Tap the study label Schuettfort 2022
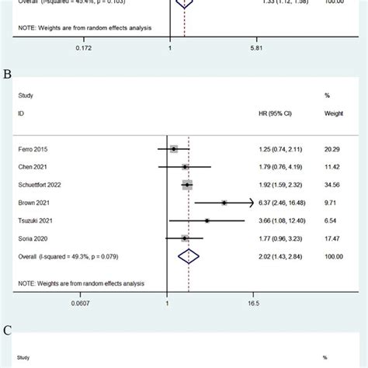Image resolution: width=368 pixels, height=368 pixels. (40, 185)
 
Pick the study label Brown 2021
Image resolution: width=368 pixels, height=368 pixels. (33, 203)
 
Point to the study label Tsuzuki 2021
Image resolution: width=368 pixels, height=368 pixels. (34, 220)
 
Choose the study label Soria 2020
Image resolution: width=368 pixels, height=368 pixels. (32, 238)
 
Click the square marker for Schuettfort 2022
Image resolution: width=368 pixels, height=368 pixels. (187, 185)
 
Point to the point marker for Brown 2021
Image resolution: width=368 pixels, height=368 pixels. (224, 203)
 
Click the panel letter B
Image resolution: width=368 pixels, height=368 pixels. (7, 75)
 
